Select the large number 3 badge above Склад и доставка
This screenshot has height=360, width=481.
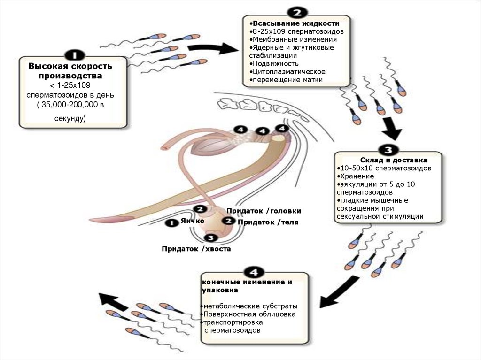click(x=388, y=150)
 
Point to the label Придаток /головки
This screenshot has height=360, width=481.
click(x=263, y=211)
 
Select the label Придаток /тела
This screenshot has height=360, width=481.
click(x=268, y=222)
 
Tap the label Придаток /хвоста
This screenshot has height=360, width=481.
click(x=196, y=249)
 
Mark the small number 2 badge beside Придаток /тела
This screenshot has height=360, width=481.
click(x=229, y=220)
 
